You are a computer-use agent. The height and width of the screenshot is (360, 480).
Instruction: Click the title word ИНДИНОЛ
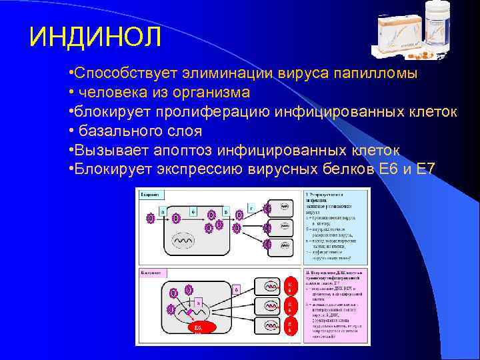[95, 36]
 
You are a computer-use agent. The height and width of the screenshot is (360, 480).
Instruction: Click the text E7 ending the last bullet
[425, 168]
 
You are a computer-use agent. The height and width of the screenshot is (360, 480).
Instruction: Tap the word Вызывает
[106, 149]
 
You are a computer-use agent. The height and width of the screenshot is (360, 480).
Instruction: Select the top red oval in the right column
[289, 286]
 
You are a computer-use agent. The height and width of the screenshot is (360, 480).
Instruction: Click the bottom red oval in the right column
[289, 327]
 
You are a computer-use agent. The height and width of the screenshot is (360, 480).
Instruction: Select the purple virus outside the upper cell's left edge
[151, 218]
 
